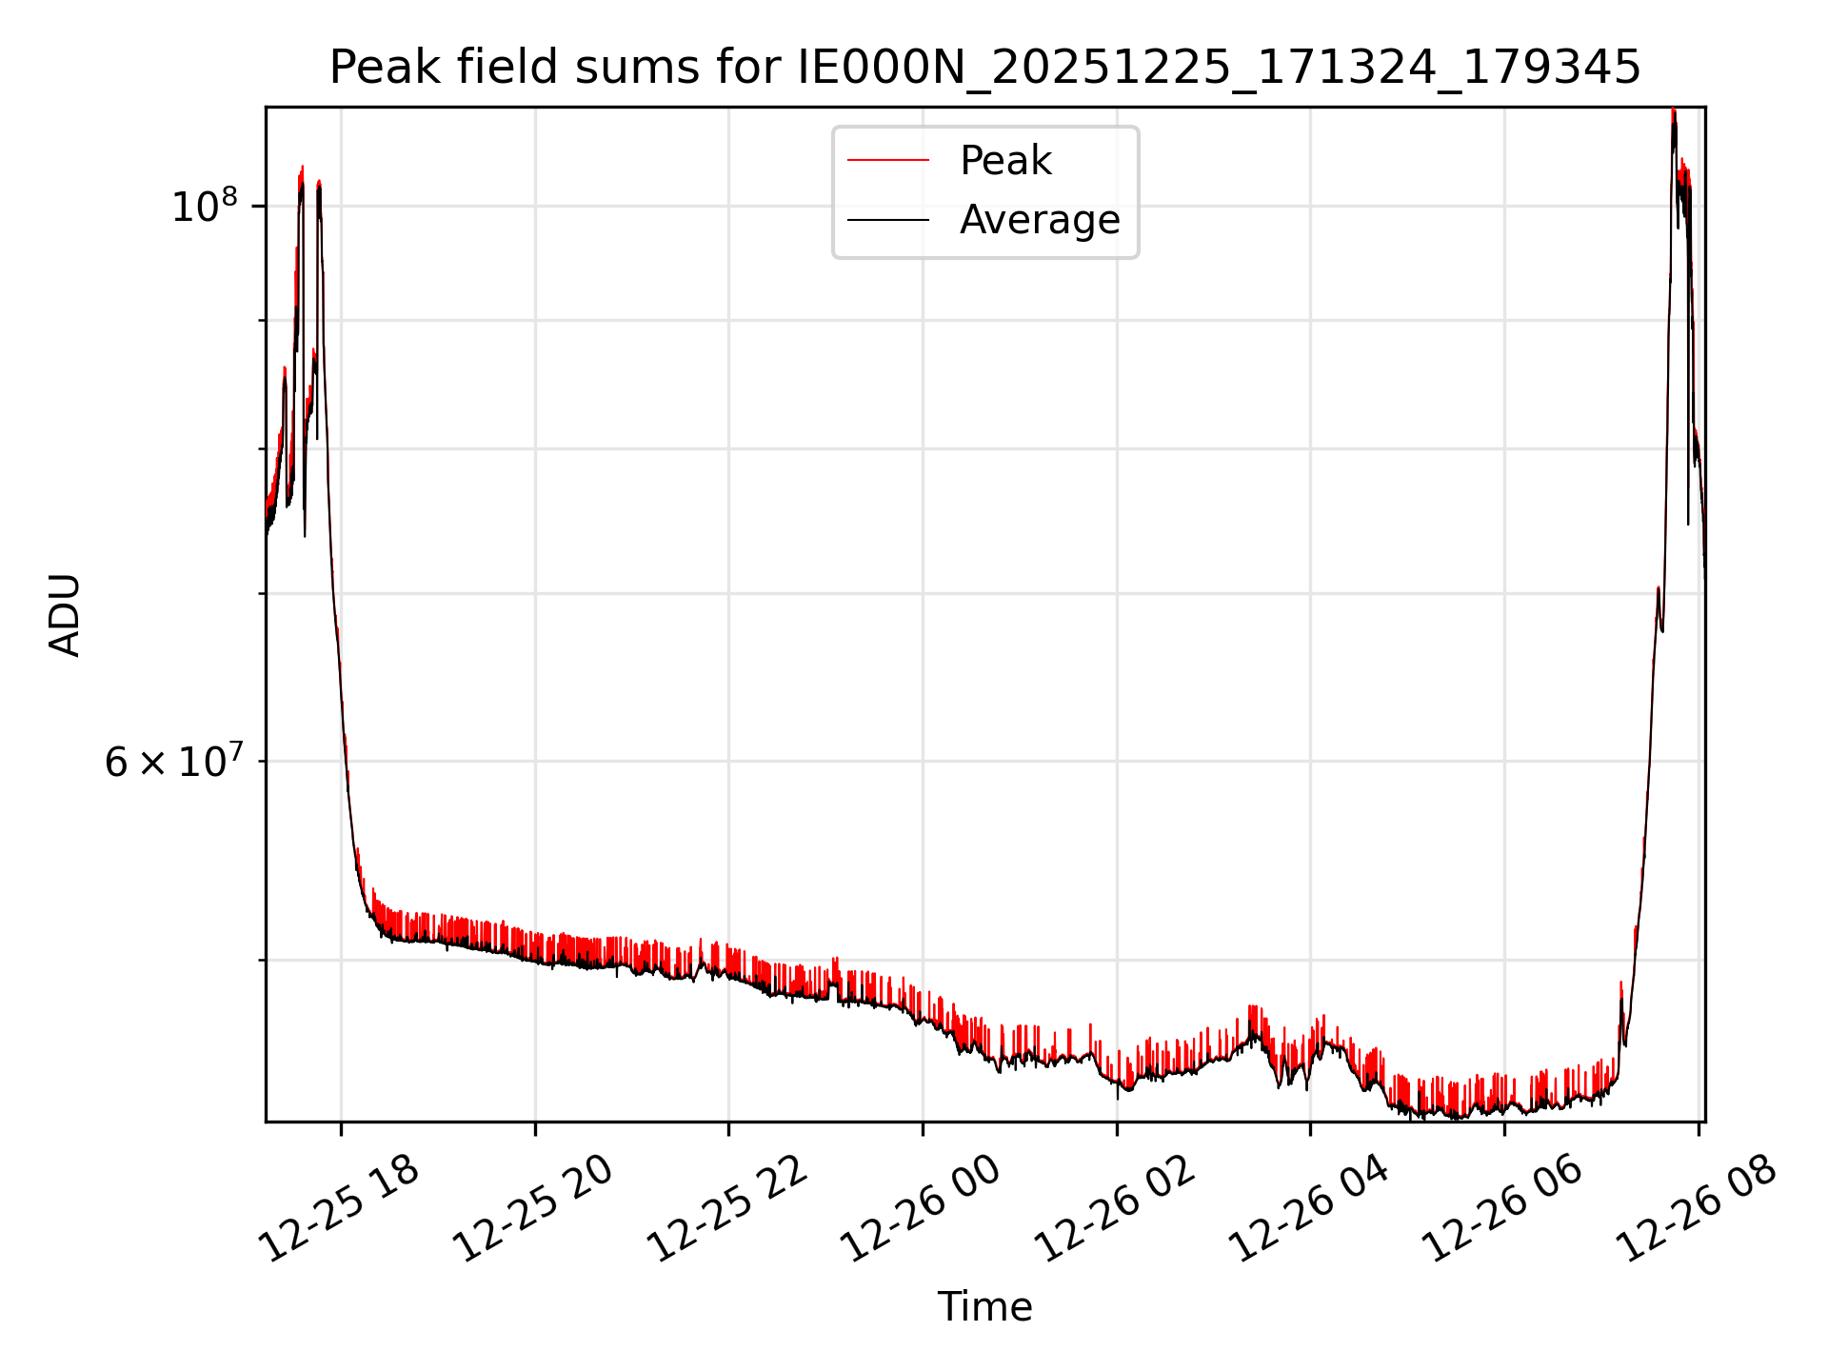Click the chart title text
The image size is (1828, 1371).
pos(984,68)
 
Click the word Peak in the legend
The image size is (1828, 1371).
pos(1005,161)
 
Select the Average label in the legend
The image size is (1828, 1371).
pos(1040,220)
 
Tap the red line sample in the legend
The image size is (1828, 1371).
pos(887,161)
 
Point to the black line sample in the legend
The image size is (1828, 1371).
pos(887,220)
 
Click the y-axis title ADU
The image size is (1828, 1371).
pos(65,615)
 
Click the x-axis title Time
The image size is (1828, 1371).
pos(984,1307)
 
